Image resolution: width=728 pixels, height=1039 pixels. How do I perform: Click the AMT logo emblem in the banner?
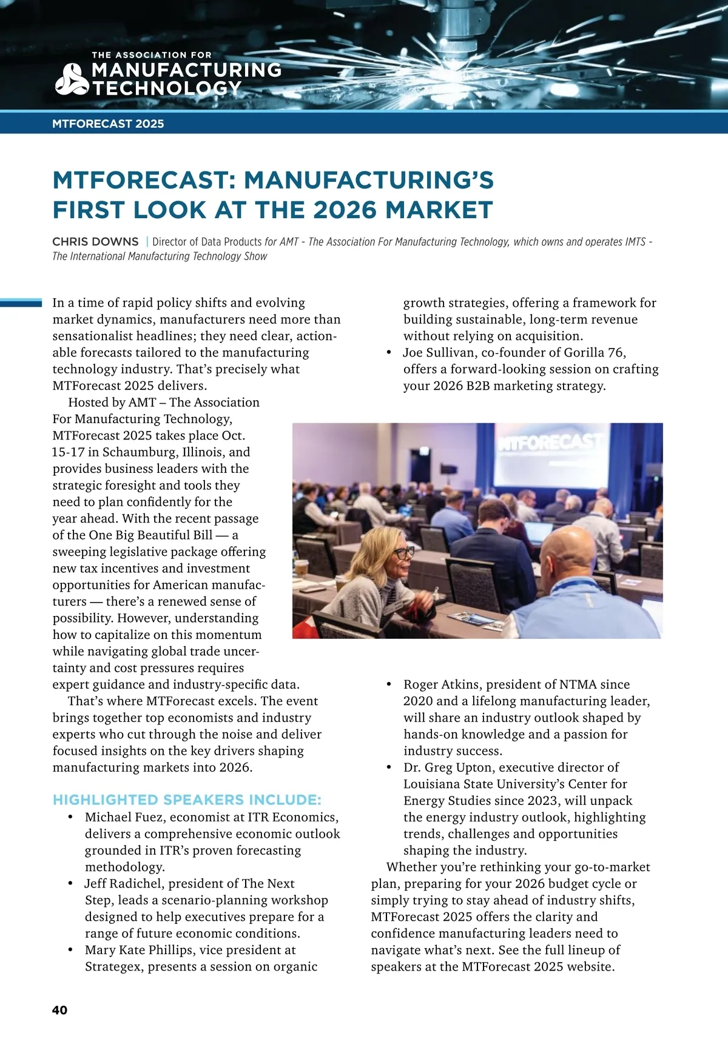coord(72,79)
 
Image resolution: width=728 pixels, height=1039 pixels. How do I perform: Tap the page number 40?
coord(59,1010)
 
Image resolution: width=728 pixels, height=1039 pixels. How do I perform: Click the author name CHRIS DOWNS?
coord(95,241)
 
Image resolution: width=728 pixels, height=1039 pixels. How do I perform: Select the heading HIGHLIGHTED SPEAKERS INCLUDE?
coord(187,800)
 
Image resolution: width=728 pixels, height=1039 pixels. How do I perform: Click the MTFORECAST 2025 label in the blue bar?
coord(108,124)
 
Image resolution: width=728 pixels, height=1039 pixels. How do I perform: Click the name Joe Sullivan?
coord(439,353)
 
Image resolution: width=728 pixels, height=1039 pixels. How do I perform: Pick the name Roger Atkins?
coord(441,684)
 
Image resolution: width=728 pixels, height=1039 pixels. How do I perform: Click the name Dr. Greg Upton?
coord(447,767)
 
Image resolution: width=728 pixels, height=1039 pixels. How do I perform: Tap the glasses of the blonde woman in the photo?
coord(402,552)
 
